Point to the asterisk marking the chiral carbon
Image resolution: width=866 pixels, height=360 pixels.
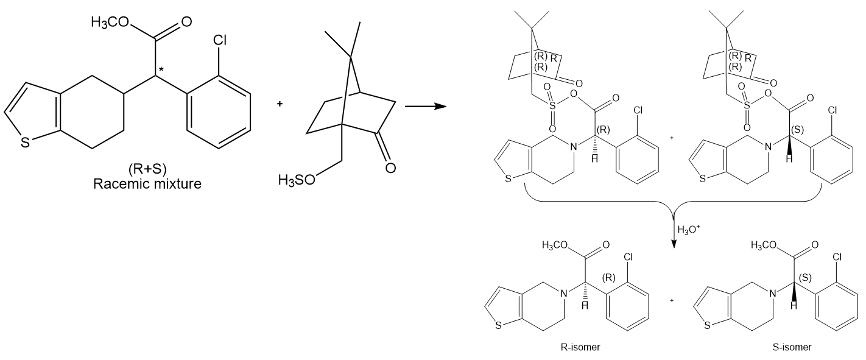point(161,69)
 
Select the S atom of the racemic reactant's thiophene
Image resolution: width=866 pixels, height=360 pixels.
point(24,143)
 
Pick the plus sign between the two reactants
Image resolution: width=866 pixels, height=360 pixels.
point(280,104)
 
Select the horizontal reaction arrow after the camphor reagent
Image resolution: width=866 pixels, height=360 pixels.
point(426,107)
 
